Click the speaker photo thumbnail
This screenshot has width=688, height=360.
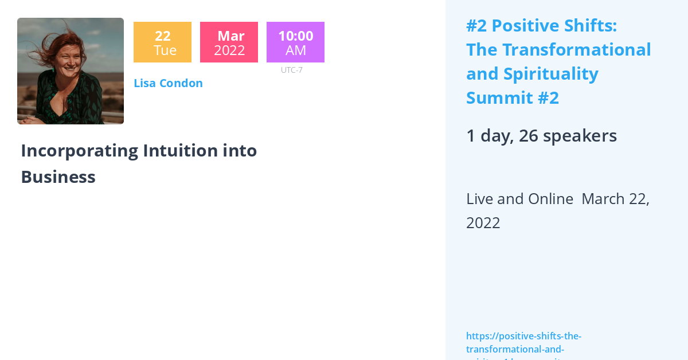pos(71,71)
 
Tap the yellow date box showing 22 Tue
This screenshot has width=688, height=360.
pos(162,42)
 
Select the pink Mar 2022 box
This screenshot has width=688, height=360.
pos(229,42)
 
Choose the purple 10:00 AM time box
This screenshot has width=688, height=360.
pos(295,42)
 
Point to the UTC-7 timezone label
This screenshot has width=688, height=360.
pos(291,70)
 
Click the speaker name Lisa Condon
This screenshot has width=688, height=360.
pos(168,83)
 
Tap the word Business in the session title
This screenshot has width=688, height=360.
pos(58,177)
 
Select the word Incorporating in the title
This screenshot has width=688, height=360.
pos(79,151)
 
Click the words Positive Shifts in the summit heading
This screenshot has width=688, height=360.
pos(554,26)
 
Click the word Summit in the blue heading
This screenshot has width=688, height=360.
pos(498,98)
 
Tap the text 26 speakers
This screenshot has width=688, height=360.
pos(568,136)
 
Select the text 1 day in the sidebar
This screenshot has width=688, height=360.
pos(488,136)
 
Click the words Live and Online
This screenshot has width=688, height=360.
pos(519,199)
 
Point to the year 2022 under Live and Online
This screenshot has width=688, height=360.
pos(483,223)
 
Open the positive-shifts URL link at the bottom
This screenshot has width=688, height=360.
pos(523,342)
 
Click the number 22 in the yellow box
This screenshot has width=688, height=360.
pos(162,36)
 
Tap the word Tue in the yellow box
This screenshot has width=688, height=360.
pos(165,50)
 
